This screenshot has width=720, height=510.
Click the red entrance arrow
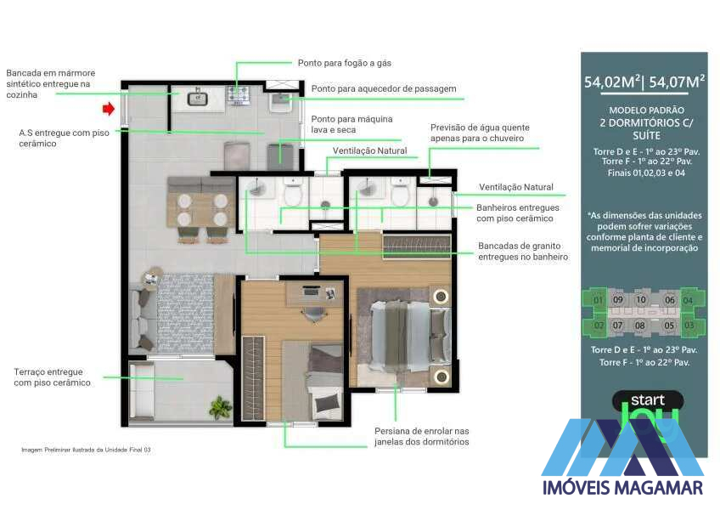[x=108, y=109]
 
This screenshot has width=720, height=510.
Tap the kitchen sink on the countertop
[x=198, y=99]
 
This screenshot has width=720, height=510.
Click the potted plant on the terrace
[x=221, y=408]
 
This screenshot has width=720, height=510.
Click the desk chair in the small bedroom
[x=312, y=314]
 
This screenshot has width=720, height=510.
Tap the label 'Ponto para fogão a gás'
[x=344, y=63]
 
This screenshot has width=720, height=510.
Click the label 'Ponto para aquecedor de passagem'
[x=384, y=88]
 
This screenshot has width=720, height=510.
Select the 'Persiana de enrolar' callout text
[x=421, y=437]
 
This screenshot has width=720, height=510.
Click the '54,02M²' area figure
[x=611, y=82]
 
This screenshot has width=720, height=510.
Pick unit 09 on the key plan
[x=618, y=300]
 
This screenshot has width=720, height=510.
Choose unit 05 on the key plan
[x=669, y=325]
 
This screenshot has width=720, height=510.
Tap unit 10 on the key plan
[x=641, y=300]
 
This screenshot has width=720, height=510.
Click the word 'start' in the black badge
[x=647, y=399]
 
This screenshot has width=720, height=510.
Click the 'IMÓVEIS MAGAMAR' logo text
[x=622, y=488]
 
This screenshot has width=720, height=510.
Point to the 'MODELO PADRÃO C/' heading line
[x=645, y=111]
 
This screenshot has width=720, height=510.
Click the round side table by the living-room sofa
[x=152, y=279]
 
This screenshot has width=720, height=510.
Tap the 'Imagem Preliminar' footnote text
[x=86, y=449]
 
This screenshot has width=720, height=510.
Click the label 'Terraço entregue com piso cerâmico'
[x=52, y=377]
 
